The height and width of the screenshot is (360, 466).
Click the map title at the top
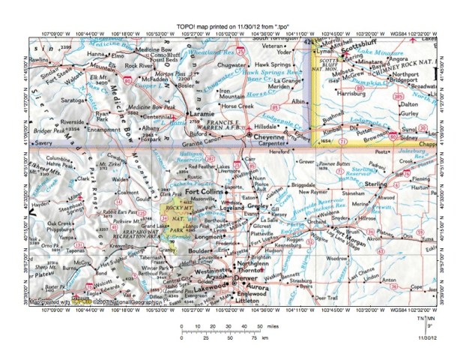tap(232, 25)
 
